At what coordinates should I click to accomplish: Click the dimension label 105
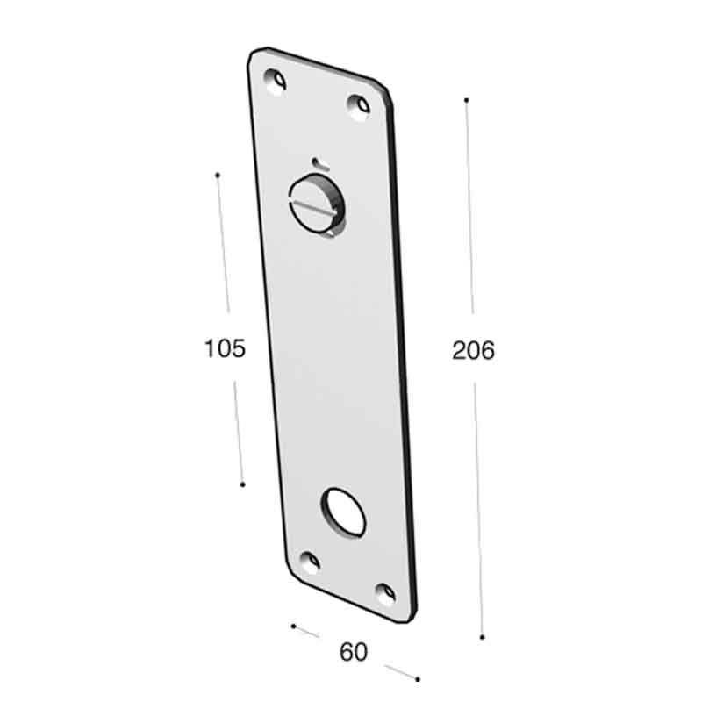[x=224, y=348]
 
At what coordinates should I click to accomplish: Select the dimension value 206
[x=474, y=350]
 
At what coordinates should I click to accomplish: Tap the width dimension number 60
[x=353, y=652]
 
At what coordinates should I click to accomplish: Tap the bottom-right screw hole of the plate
[x=384, y=592]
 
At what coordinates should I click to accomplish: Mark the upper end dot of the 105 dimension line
[x=217, y=175]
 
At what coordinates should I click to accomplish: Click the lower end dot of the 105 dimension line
[x=242, y=484]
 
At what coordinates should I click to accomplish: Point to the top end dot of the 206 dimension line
[x=467, y=100]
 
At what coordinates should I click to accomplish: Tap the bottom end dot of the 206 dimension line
[x=483, y=637]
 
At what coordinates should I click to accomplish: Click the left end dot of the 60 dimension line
[x=293, y=626]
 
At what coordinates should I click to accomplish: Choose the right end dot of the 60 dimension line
[x=418, y=679]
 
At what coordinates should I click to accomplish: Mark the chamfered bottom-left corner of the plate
[x=288, y=571]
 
